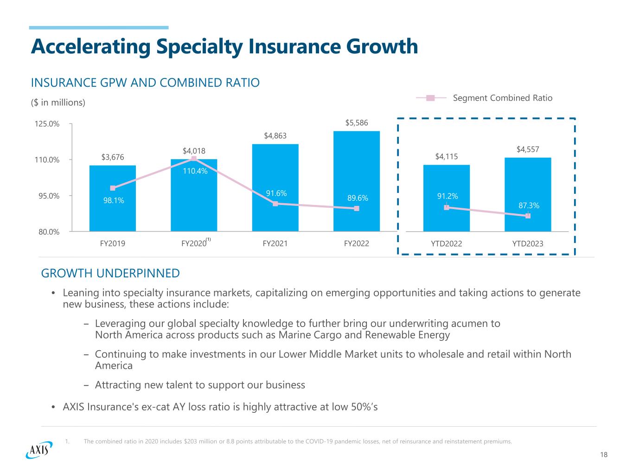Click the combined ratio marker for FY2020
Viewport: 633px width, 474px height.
[194, 159]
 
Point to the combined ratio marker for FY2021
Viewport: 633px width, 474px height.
[275, 204]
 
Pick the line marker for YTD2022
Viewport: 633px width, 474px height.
[446, 207]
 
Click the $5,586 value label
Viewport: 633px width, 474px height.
[356, 123]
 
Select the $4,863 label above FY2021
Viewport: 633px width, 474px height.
[275, 136]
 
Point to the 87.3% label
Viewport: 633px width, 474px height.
[529, 205]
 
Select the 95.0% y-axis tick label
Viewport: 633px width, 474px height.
[48, 196]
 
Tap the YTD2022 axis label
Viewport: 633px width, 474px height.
[446, 243]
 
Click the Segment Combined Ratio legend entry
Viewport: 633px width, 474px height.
[502, 98]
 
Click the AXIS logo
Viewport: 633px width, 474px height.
[39, 449]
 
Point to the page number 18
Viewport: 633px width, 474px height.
[603, 455]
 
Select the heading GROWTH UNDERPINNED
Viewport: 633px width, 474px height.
[110, 273]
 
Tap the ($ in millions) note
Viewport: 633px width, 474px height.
[58, 102]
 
